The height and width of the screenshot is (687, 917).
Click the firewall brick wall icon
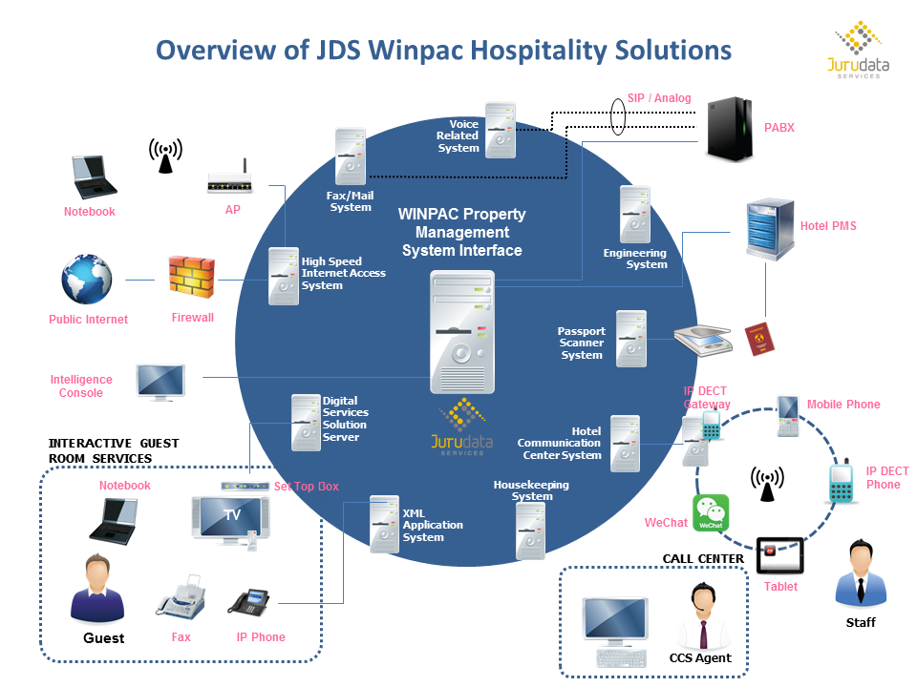(192, 278)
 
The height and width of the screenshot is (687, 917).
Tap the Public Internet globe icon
(87, 279)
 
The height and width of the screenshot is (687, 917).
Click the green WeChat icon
(710, 513)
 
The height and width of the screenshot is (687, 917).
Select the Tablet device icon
(779, 554)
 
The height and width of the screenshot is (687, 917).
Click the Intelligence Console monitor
(160, 381)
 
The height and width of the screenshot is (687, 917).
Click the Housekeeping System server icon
(531, 530)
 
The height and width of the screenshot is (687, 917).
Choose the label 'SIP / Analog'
(659, 98)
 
